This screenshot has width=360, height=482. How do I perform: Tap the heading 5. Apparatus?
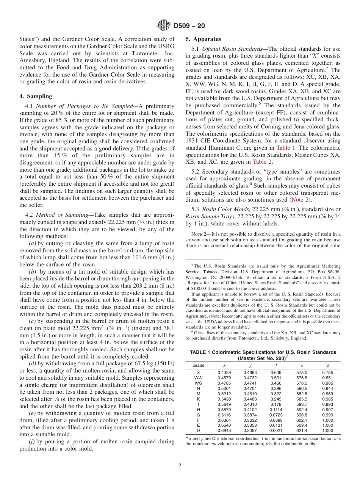(203, 39)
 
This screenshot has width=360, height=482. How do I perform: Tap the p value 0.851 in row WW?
(327, 378)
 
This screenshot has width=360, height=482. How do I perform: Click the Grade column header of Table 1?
(199, 365)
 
